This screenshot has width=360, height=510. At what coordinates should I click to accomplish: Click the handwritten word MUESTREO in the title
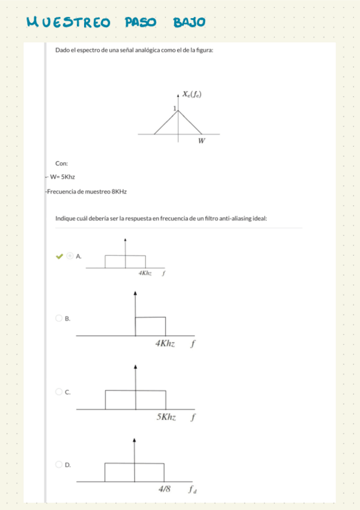click(x=69, y=22)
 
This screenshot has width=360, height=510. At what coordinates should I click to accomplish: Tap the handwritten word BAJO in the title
click(x=189, y=22)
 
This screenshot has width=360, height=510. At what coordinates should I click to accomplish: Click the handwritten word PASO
click(x=140, y=22)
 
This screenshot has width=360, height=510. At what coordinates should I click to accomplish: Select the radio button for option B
click(x=59, y=318)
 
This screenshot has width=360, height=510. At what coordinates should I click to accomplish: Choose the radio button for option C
click(x=59, y=392)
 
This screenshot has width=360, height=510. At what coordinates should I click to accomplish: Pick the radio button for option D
click(x=59, y=464)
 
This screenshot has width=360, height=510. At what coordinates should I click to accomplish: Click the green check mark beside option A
click(x=59, y=256)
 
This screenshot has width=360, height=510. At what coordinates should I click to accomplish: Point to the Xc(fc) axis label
click(x=192, y=94)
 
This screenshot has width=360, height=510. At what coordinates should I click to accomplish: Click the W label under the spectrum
click(x=201, y=141)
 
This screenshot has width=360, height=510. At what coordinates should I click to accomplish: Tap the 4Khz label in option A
click(x=145, y=273)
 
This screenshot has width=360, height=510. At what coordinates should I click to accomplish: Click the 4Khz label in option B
click(x=165, y=343)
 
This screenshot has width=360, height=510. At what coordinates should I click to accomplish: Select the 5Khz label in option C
click(x=166, y=417)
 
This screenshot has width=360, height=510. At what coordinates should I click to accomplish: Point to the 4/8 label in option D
click(x=165, y=489)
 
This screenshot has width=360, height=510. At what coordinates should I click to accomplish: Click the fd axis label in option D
click(x=192, y=490)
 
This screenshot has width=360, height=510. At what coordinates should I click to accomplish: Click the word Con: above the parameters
click(x=61, y=163)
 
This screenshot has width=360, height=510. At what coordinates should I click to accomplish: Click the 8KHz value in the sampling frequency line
click(x=119, y=191)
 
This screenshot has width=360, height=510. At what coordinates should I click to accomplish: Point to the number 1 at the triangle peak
click(x=174, y=108)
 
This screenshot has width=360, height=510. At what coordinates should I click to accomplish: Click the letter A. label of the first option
click(x=78, y=256)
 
